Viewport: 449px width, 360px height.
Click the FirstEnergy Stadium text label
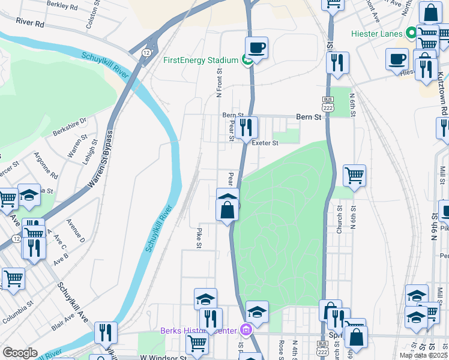(x=201, y=60)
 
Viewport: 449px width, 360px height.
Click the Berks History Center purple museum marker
(x=245, y=329)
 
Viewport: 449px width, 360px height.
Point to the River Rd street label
(x=31, y=23)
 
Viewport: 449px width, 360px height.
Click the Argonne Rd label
(x=46, y=167)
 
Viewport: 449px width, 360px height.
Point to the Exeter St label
(x=265, y=143)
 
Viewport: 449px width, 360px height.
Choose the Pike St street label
(x=199, y=237)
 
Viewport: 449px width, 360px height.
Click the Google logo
(x=20, y=352)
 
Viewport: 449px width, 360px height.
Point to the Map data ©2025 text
(x=423, y=355)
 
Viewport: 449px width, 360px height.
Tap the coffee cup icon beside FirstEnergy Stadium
(x=256, y=47)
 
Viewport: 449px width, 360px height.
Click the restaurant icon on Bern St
(x=245, y=127)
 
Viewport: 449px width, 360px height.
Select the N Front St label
(x=219, y=83)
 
